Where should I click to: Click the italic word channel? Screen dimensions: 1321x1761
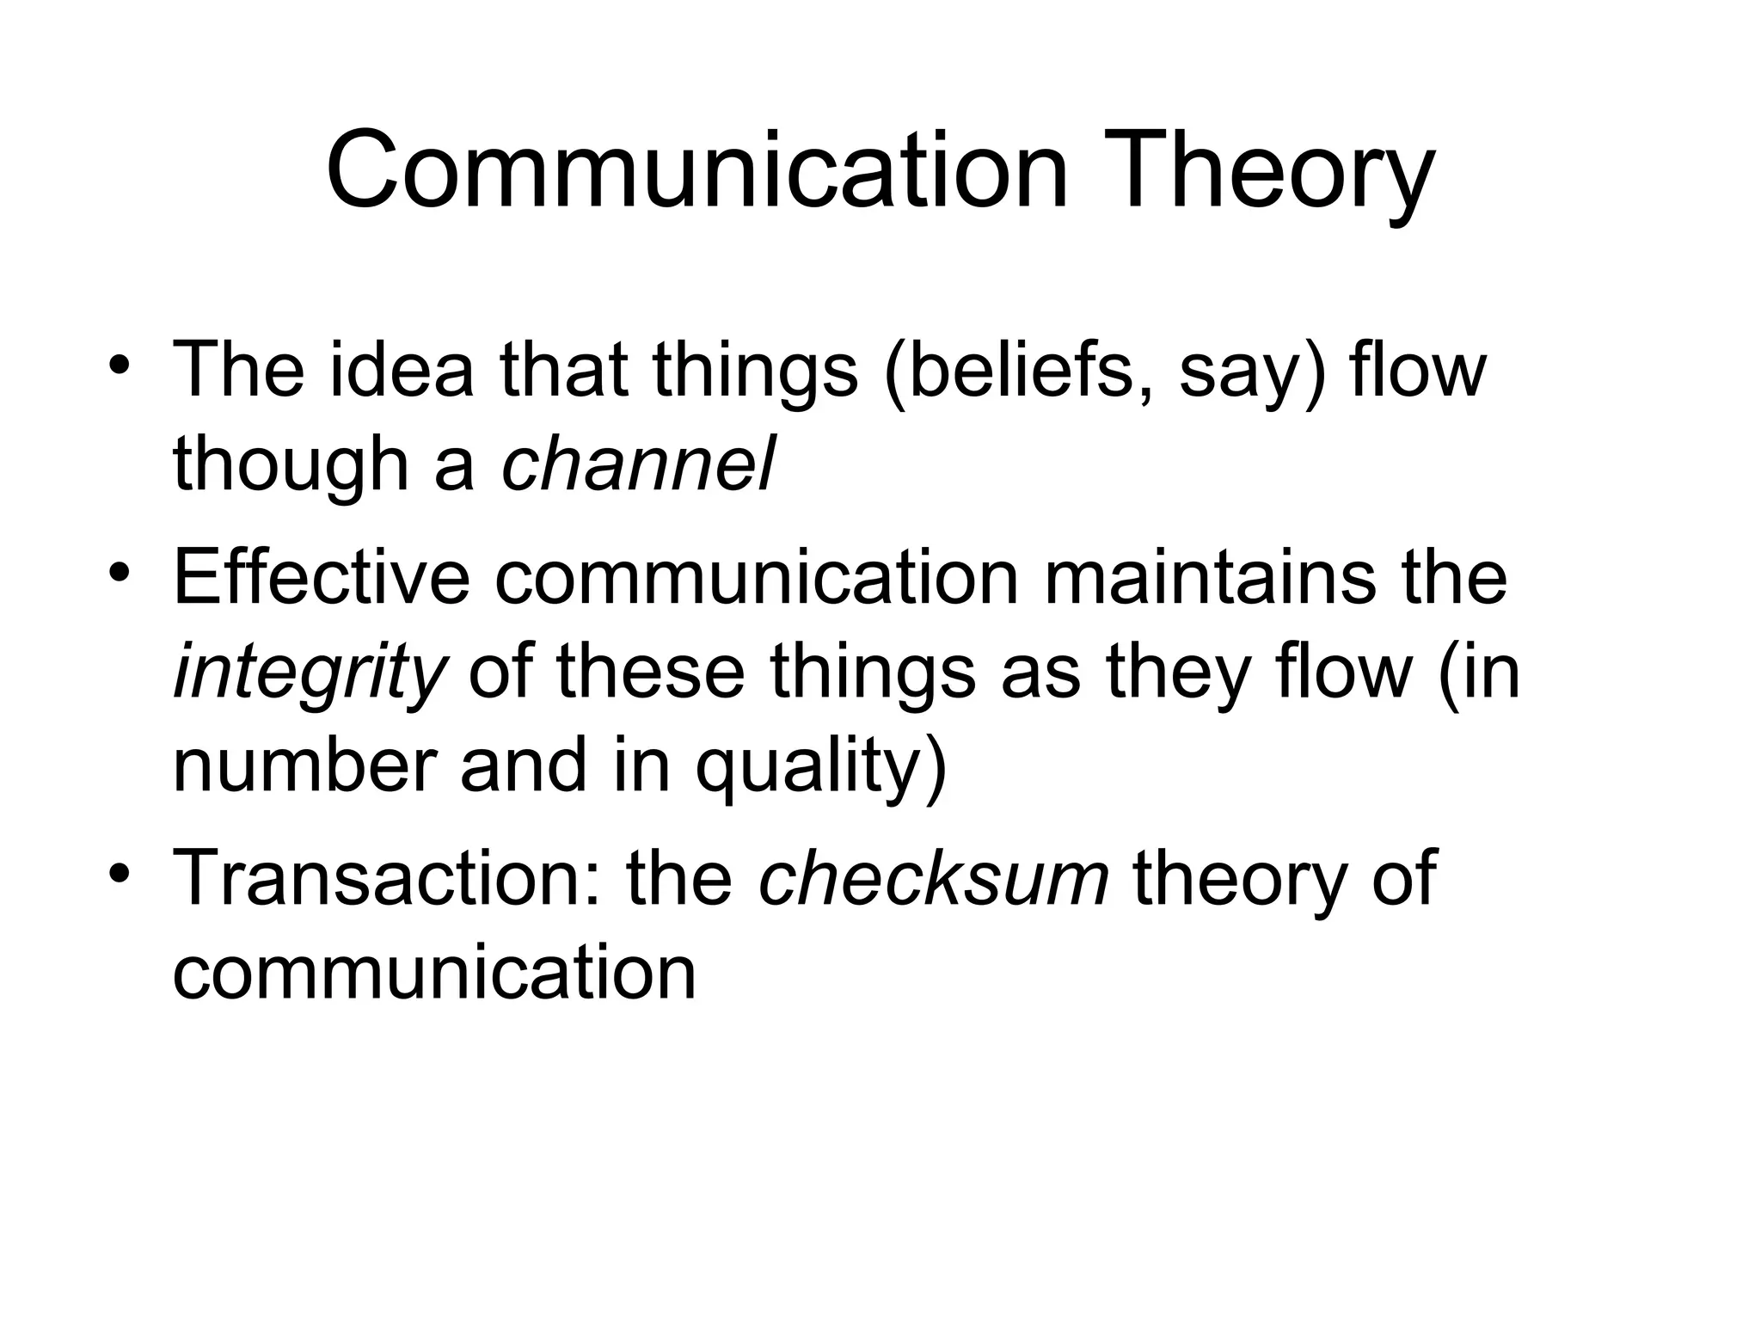point(637,464)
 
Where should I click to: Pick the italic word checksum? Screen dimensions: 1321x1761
point(934,878)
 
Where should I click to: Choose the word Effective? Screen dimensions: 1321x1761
point(322,578)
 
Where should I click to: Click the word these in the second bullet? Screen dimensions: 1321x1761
point(649,672)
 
